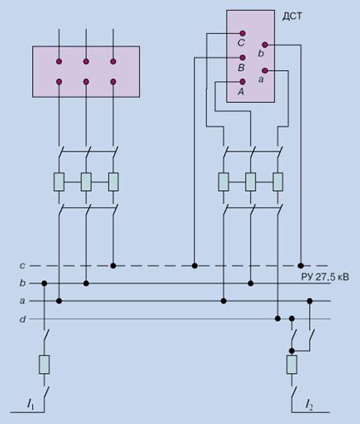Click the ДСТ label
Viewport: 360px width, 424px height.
292,16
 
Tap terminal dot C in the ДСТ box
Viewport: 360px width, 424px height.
242,34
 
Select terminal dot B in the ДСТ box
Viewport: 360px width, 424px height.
242,58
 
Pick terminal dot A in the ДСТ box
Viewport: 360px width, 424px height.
242,82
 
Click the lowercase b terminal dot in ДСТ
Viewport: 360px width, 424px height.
264,44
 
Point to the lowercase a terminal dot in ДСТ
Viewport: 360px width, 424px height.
264,71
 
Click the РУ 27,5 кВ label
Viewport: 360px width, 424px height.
325,277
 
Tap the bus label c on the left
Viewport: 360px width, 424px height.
22,266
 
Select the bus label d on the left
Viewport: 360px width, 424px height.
22,319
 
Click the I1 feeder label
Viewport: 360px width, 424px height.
30,405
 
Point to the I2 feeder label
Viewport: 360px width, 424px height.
309,405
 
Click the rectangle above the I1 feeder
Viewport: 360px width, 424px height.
44,365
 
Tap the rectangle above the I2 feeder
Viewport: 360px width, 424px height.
292,365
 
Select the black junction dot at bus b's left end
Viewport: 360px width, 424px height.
44,283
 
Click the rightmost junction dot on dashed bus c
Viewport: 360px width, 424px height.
301,266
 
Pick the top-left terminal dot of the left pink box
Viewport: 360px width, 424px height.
59,62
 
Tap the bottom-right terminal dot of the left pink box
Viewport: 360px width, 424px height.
113,82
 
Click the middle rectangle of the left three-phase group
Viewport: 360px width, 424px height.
86,182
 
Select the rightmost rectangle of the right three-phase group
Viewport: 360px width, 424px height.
278,182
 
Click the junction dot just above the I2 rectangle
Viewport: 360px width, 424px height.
292,351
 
